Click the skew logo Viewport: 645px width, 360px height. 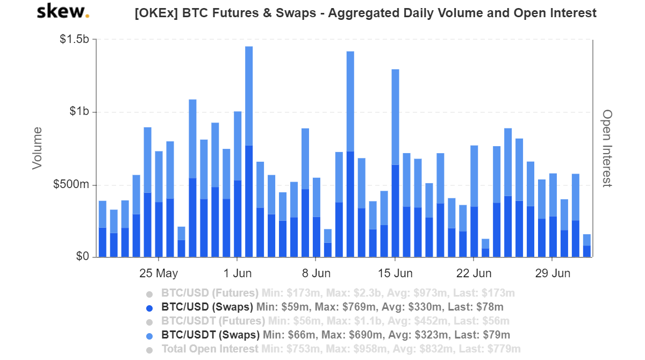coord(62,11)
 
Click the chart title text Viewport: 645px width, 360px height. coord(365,13)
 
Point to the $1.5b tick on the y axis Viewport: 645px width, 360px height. coord(75,40)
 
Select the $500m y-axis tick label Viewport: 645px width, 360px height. coord(71,185)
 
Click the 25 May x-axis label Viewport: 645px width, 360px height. coord(159,273)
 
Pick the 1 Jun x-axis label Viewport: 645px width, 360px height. coord(237,273)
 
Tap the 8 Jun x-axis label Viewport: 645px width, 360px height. coord(316,273)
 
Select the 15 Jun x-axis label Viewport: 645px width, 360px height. coord(395,273)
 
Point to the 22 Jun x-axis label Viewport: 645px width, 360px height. coord(474,273)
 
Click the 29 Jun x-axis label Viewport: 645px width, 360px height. coord(553,273)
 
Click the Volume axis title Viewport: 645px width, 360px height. coord(37,148)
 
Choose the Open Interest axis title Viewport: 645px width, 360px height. coord(607,148)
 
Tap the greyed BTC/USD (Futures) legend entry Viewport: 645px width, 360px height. coord(210,293)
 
